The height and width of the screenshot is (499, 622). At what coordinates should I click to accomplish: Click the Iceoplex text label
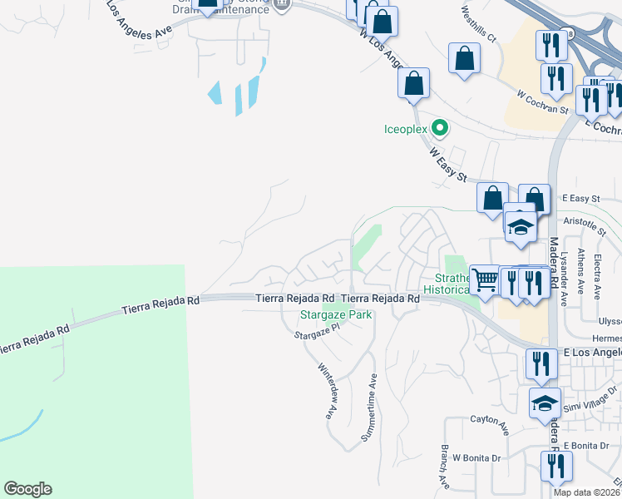(x=405, y=129)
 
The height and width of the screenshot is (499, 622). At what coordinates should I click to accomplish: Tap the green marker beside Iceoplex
(x=441, y=129)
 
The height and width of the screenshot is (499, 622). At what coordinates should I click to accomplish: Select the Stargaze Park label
(x=335, y=315)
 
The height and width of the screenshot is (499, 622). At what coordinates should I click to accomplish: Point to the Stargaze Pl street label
(x=318, y=332)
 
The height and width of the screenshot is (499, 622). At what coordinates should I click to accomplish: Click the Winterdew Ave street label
(x=327, y=389)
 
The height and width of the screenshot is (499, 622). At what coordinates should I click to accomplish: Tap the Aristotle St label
(x=585, y=222)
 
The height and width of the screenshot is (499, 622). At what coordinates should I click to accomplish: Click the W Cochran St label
(x=541, y=103)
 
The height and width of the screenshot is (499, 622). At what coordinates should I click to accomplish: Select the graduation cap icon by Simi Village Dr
(x=545, y=403)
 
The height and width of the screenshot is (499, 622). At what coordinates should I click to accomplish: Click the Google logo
(x=27, y=488)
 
